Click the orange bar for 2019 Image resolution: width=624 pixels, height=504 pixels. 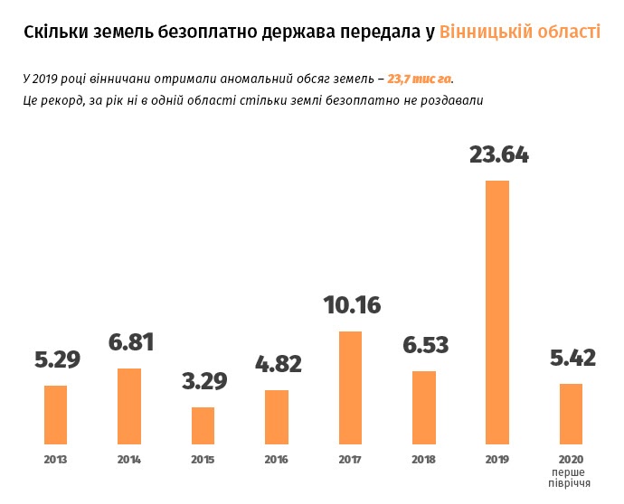coord(497,313)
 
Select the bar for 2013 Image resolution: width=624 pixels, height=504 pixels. coord(56,415)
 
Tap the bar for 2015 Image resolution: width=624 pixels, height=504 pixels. coord(203,425)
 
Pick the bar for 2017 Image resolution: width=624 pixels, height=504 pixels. coord(350,387)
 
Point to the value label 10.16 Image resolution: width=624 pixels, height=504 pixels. coord(352,305)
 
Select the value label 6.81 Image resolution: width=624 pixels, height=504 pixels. coord(131,342)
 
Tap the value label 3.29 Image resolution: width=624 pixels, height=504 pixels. coord(204,380)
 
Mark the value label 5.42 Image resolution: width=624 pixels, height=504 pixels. coord(572,358)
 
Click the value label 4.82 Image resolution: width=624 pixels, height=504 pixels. coord(278,364)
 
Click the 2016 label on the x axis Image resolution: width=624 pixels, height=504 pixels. coord(277,460)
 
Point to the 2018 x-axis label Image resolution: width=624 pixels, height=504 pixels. coord(423,460)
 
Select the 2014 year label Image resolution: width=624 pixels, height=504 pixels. coord(129,460)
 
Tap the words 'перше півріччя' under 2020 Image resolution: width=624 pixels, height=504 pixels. coord(571,478)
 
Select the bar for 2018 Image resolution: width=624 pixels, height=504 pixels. coord(423,407)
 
